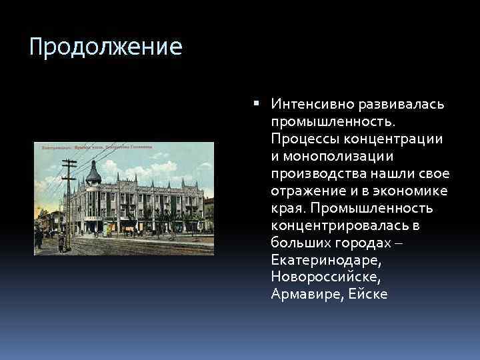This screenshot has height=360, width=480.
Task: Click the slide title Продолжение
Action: click(106, 48)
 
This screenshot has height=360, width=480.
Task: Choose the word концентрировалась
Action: click(339, 225)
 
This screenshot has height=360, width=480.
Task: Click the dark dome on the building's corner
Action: click(94, 175)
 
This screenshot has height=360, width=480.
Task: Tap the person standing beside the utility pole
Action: click(61, 242)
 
